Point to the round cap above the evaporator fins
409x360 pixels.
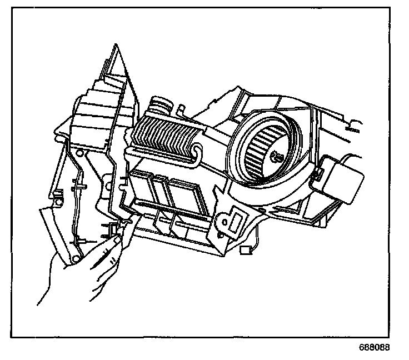[x=162, y=104]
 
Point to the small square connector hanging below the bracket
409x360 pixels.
[x=245, y=249]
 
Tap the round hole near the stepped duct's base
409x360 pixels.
[x=80, y=153]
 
